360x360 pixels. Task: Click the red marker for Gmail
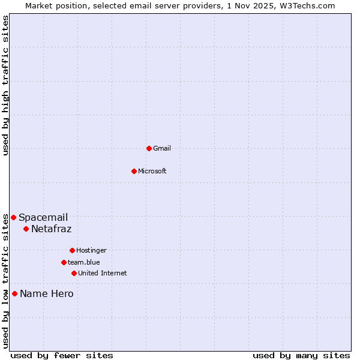149,148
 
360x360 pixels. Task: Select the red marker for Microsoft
134,171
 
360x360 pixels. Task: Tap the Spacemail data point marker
13,217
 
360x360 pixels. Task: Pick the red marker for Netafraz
26,229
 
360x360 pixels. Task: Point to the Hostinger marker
72,250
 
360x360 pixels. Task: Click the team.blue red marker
64,262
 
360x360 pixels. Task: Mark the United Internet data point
74,273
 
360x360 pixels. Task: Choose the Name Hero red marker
14,293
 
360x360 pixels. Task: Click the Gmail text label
162,148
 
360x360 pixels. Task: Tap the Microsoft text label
152,171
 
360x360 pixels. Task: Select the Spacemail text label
43,217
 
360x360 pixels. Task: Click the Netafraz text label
51,229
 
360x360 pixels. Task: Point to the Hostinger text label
91,250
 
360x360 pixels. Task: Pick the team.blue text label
84,262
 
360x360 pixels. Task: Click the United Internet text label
103,273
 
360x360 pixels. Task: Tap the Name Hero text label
47,293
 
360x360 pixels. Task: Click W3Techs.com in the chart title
306,5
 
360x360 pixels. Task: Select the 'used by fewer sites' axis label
62,355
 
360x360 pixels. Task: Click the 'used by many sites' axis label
301,355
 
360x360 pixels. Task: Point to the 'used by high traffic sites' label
6,85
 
